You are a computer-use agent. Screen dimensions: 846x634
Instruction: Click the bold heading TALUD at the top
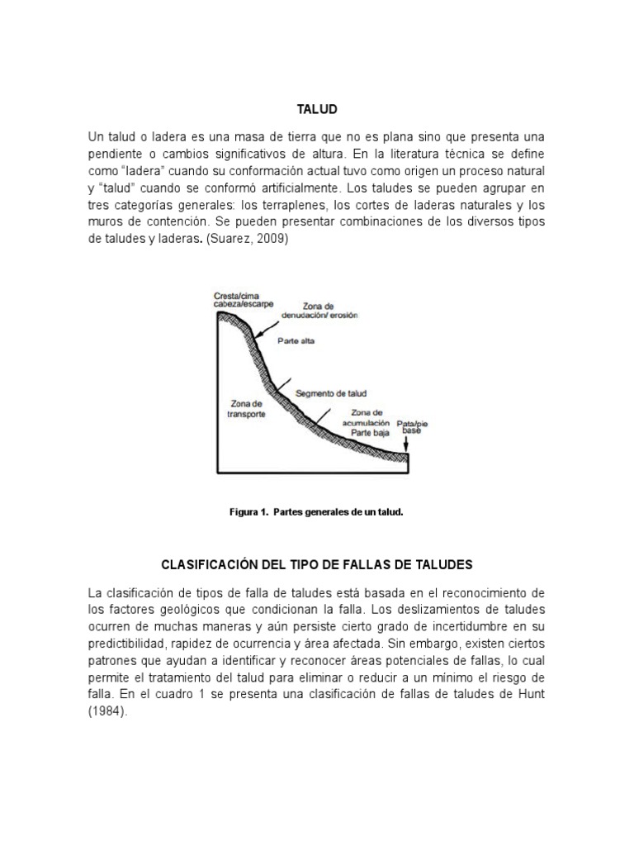point(317,109)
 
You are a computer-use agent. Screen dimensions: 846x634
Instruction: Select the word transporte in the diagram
point(246,414)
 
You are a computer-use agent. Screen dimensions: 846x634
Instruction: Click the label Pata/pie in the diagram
point(412,421)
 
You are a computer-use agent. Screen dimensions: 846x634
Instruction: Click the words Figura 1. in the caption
point(248,512)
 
